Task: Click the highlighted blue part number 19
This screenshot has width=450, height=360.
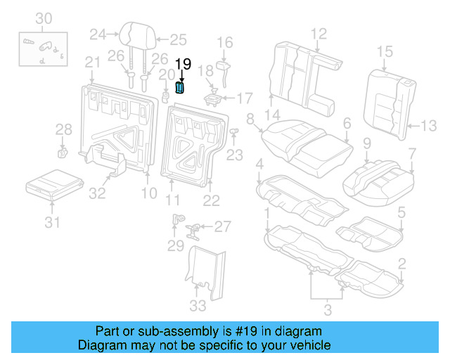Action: (x=180, y=87)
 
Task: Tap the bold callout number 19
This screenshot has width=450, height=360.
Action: (x=183, y=64)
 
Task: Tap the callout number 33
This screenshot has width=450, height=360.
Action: (x=198, y=305)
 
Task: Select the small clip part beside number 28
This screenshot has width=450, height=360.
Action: (x=62, y=150)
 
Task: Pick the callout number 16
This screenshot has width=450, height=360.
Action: (x=224, y=43)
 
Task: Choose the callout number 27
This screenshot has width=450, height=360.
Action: (x=222, y=226)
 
